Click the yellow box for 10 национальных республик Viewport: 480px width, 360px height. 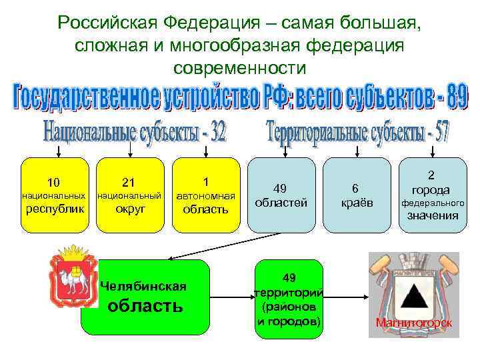click(x=54, y=195)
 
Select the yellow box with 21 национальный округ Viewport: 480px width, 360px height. click(x=130, y=195)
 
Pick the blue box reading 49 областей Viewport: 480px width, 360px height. click(x=281, y=195)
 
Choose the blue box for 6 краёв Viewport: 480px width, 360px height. click(x=357, y=195)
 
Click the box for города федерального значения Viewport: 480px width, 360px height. click(x=432, y=195)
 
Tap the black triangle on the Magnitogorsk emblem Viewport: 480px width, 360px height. click(x=414, y=293)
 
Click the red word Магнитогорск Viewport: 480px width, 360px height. click(x=414, y=323)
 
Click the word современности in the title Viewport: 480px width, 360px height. click(x=239, y=67)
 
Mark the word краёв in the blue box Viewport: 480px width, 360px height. click(x=357, y=203)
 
